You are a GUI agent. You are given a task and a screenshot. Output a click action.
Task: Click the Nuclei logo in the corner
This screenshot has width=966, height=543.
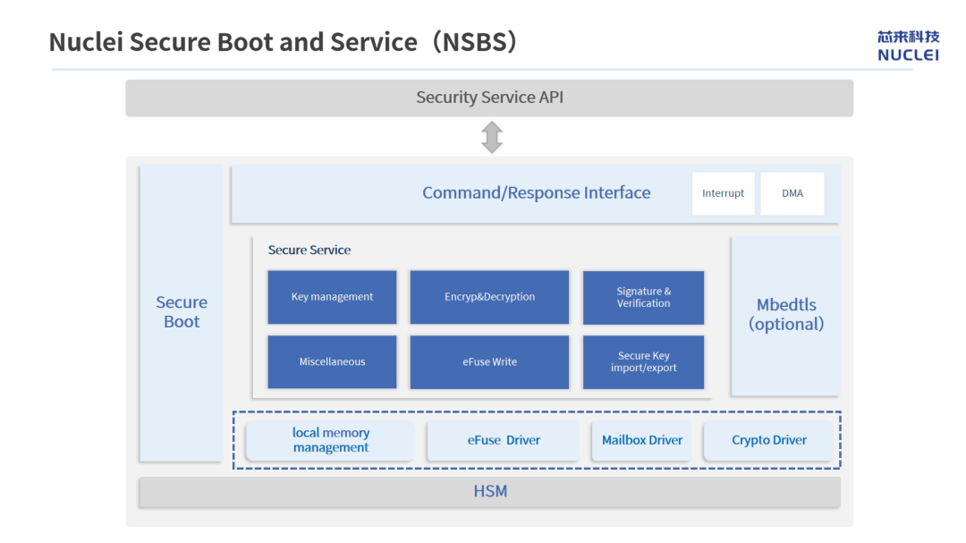point(908,47)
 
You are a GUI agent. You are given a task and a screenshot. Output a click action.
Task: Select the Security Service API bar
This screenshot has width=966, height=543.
point(489,98)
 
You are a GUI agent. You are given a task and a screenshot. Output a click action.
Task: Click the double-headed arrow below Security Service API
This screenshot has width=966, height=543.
point(492,137)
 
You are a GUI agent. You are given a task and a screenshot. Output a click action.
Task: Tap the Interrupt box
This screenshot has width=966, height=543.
point(724,193)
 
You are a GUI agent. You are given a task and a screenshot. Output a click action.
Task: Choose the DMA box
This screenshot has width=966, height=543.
point(792,193)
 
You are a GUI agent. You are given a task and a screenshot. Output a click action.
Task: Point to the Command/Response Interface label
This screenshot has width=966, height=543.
point(536,193)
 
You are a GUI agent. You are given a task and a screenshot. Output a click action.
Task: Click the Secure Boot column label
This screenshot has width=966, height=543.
point(182,312)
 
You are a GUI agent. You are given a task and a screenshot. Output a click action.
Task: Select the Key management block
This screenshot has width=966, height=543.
point(332,297)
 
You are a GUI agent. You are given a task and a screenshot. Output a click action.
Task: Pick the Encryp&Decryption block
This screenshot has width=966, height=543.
point(489,297)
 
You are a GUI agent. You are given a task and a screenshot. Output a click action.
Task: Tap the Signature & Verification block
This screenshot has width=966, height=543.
point(643,298)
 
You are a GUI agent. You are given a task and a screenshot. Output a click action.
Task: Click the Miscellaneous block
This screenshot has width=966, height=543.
point(332,361)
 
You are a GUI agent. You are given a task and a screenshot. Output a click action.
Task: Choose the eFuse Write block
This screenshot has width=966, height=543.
point(489,361)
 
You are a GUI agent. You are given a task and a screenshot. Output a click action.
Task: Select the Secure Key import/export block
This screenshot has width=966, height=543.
point(643,361)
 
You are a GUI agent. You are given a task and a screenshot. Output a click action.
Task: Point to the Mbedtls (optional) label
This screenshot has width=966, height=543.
point(786,314)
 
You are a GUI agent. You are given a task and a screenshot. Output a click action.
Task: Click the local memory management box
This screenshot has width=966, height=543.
point(330,440)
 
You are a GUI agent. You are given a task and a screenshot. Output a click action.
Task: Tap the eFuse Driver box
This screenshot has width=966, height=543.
point(504,440)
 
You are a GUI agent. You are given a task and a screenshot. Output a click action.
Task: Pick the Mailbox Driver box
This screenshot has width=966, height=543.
point(642,440)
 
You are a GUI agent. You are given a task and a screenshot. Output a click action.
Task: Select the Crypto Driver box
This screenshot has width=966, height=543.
point(769,440)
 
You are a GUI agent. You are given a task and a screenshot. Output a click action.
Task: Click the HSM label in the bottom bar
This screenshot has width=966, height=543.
point(490,491)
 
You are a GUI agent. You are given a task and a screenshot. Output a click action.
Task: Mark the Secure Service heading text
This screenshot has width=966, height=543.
point(309,250)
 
